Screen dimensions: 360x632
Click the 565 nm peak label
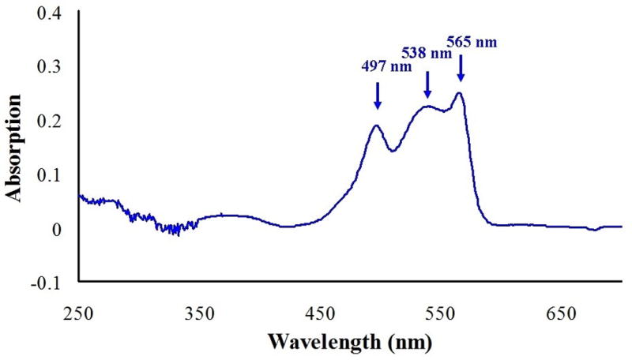coord(472,42)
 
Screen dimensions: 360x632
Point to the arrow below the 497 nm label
coord(378,96)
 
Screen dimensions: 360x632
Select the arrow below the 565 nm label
coord(460,71)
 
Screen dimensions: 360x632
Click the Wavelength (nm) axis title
coord(351,344)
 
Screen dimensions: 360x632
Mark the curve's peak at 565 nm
coord(458,93)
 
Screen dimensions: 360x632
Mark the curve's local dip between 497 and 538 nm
coord(393,150)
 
